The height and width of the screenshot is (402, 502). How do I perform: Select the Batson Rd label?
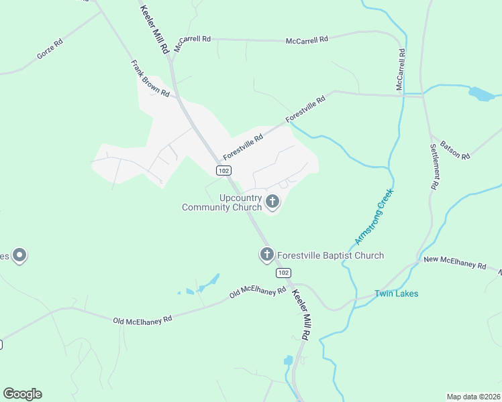point(455,150)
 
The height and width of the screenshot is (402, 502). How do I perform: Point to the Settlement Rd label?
point(436,165)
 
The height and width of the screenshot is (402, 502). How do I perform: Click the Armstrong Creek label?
point(374,216)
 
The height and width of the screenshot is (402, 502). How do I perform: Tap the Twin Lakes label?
point(396,293)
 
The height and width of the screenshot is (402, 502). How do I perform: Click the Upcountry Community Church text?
point(223,202)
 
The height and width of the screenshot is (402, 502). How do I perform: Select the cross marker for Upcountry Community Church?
point(272,200)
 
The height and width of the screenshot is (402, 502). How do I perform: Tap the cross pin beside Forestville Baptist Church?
point(266,254)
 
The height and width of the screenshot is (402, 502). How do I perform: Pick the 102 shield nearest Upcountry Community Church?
point(223,171)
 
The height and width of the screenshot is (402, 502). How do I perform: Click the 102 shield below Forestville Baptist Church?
point(283,273)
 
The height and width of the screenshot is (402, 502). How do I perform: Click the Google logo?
point(22,393)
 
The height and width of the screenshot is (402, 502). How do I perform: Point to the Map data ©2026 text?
point(472,397)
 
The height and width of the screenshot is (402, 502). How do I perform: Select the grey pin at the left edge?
point(20,255)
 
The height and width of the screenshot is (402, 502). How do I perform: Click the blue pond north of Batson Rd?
point(482,94)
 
